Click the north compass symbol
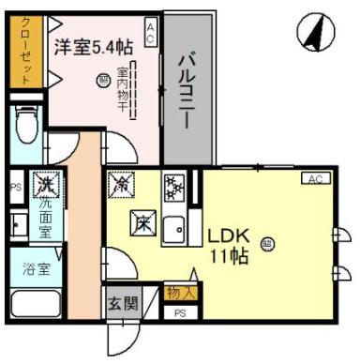tap(316, 35)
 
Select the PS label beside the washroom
tap(14, 187)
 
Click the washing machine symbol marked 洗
tap(43, 183)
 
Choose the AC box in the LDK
tap(314, 178)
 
